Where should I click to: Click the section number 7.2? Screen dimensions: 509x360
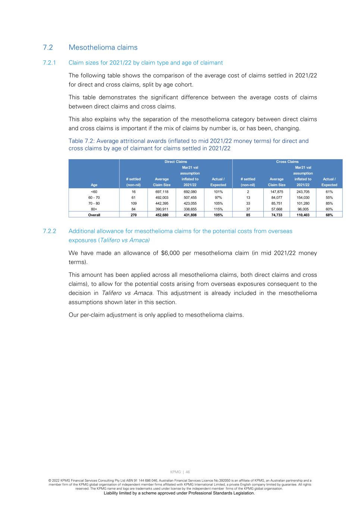coord(48,47)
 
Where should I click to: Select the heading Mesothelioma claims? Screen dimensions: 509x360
coord(103,47)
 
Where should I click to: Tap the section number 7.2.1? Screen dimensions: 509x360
coord(49,63)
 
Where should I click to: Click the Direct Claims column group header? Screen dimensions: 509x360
coord(176,162)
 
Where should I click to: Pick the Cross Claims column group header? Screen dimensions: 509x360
coord(287,162)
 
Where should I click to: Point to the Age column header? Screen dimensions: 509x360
coord(94,185)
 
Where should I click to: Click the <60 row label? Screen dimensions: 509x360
coord(94,192)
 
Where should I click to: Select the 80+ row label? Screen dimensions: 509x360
coord(94,209)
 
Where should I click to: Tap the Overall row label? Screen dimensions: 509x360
coord(94,215)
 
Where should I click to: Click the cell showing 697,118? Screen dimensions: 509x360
coord(162,192)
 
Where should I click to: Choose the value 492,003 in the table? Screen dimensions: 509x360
coord(162,198)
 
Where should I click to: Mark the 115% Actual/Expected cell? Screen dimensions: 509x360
coord(218,209)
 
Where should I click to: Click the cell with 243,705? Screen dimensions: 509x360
coord(303,192)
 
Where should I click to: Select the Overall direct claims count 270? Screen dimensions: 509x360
coord(134,215)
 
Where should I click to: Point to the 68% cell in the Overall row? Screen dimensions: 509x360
coord(329,215)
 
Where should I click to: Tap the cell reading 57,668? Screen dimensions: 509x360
coord(276,209)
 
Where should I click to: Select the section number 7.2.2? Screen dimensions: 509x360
coord(49,231)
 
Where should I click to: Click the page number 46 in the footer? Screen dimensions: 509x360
coord(188,472)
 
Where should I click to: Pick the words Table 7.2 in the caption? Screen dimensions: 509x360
coord(81,141)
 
